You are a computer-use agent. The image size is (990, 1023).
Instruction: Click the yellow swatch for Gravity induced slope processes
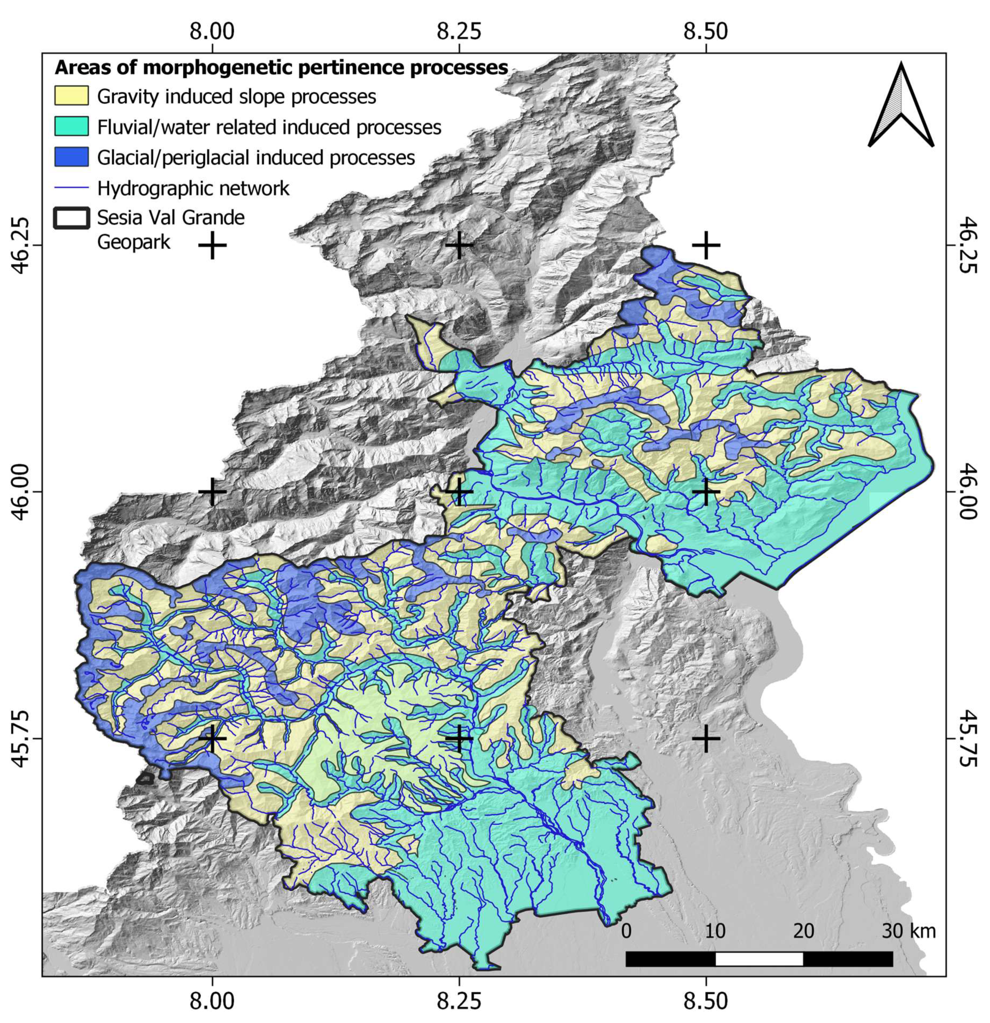click(x=71, y=96)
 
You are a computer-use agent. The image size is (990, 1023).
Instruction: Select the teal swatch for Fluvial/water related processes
click(x=71, y=127)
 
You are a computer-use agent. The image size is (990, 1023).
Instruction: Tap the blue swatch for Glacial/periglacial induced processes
click(x=71, y=157)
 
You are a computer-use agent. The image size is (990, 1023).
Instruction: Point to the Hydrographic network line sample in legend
click(x=71, y=188)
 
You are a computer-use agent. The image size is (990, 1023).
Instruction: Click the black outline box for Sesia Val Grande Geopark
click(x=71, y=218)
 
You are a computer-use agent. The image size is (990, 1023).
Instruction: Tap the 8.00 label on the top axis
click(x=212, y=32)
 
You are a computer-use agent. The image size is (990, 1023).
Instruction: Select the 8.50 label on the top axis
click(x=706, y=32)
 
